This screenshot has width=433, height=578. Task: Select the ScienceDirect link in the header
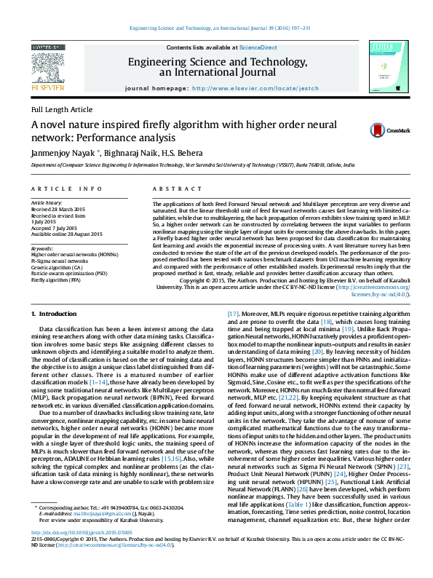click(x=263, y=47)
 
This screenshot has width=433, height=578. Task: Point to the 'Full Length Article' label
click(x=57, y=108)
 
